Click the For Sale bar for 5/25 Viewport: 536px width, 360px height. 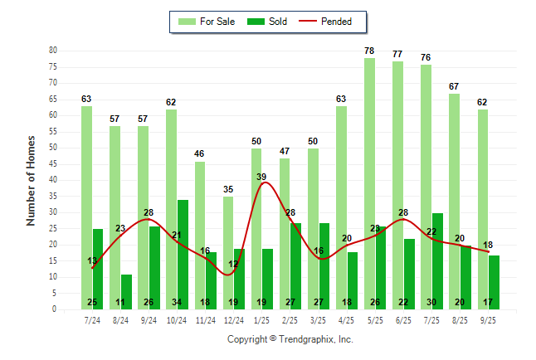pyautogui.click(x=369, y=182)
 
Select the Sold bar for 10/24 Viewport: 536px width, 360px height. pyautogui.click(x=183, y=249)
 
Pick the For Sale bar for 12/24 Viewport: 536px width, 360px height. pyautogui.click(x=228, y=249)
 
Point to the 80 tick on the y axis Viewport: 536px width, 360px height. pyautogui.click(x=53, y=51)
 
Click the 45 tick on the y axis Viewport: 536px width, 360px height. pyautogui.click(x=53, y=163)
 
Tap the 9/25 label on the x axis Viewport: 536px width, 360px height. pyautogui.click(x=489, y=319)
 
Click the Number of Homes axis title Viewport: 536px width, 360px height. pyautogui.click(x=32, y=180)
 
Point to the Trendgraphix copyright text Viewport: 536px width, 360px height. pyautogui.click(x=290, y=339)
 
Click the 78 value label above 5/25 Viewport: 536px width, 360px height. pyautogui.click(x=369, y=51)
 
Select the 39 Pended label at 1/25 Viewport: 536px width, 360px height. pyautogui.click(x=261, y=178)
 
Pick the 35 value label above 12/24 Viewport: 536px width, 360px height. pyautogui.click(x=228, y=190)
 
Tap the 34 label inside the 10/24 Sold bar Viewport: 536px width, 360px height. pyautogui.click(x=177, y=302)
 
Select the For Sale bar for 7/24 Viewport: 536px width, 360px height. pyautogui.click(x=86, y=207)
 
